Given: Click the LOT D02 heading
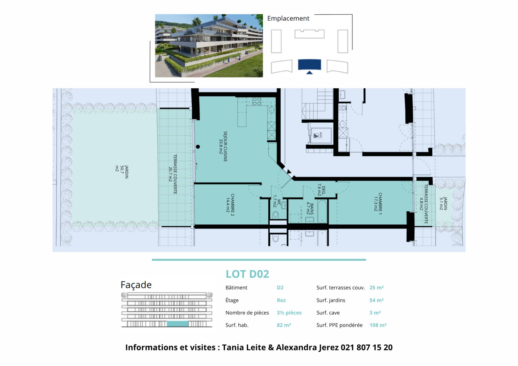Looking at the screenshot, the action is click(247, 274).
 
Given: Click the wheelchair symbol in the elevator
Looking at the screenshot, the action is click(316, 136).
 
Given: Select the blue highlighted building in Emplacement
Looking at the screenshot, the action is click(309, 65).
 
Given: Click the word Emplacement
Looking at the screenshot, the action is click(288, 18).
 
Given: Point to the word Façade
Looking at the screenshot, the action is click(136, 285).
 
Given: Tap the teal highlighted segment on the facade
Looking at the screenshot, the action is click(178, 324).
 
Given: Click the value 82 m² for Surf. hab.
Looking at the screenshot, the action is click(284, 325).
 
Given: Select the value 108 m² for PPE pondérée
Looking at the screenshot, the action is click(378, 325).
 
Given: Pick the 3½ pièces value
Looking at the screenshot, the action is click(289, 313).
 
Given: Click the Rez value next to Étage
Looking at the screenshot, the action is click(281, 300).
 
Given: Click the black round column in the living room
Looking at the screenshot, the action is click(198, 147).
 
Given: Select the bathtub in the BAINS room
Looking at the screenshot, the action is click(322, 211).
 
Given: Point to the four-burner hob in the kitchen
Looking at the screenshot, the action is click(257, 101).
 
